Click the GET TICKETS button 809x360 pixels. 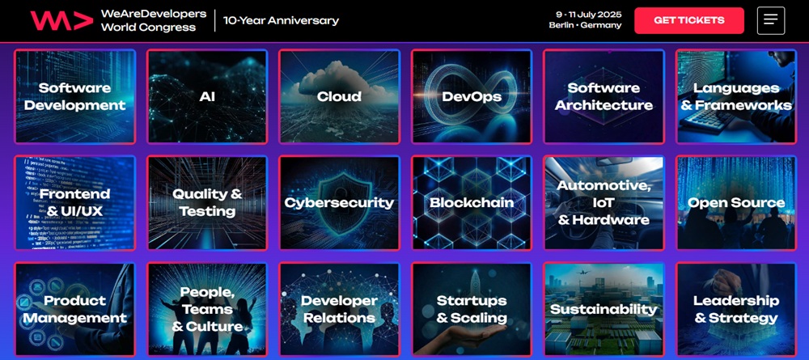688,20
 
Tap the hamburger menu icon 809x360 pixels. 770,20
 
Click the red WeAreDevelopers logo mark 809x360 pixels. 61,20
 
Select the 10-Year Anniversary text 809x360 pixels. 281,21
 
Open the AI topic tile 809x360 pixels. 207,97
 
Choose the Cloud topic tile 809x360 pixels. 339,97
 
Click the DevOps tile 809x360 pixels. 472,97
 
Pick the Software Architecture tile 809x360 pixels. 604,97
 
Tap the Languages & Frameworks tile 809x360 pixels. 735,97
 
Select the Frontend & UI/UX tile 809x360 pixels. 74,203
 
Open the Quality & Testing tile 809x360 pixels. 207,203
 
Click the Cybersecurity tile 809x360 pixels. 339,203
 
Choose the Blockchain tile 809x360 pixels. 472,203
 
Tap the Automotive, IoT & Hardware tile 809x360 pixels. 604,203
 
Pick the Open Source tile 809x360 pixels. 735,203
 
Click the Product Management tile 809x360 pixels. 74,309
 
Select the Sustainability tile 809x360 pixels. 604,309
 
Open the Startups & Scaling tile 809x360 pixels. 472,309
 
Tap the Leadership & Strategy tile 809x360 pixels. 735,309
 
